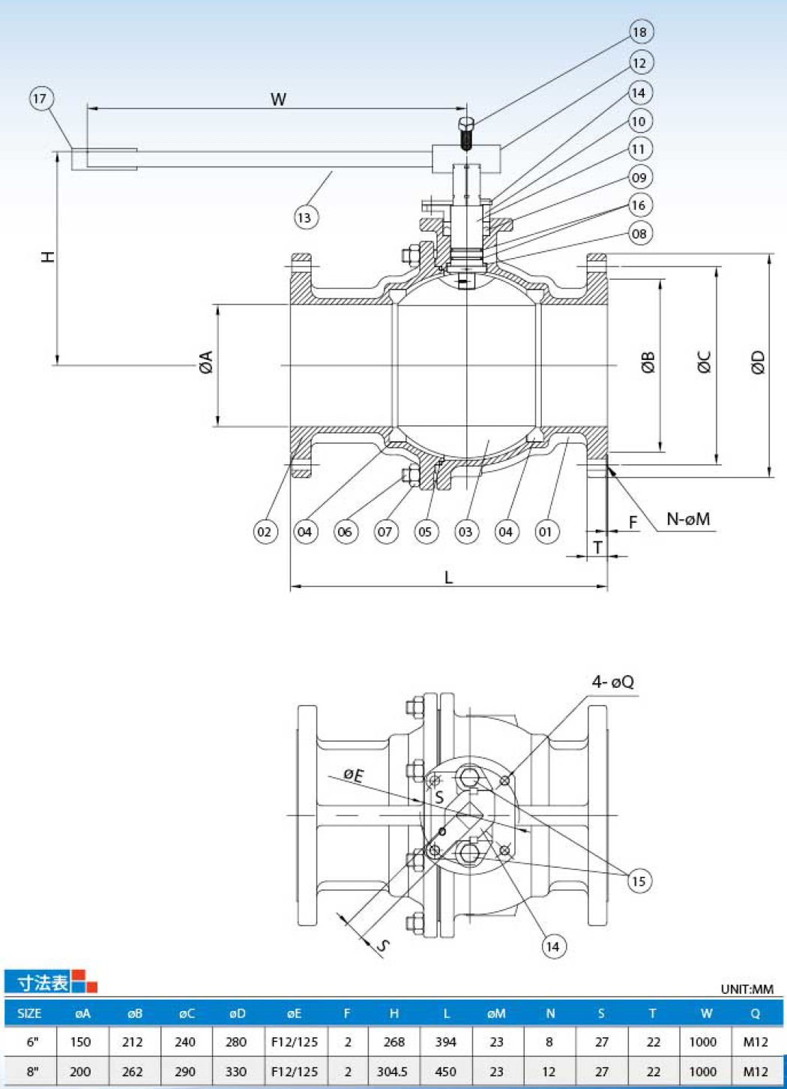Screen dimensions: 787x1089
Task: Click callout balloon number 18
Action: [x=642, y=32]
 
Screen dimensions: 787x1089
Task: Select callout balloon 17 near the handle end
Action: [x=40, y=99]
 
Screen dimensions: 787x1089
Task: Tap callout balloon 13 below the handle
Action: [x=306, y=217]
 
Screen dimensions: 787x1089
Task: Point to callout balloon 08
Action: [x=640, y=234]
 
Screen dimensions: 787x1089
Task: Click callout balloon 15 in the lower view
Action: [x=639, y=880]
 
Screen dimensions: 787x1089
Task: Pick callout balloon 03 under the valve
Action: [x=466, y=531]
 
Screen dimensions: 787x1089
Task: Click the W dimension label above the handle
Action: [x=278, y=99]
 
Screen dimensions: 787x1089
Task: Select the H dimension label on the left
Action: [x=48, y=256]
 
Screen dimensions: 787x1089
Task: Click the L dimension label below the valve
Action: [x=448, y=577]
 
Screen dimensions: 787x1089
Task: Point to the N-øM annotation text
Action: [x=688, y=519]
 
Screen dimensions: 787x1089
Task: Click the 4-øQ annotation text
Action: [x=613, y=682]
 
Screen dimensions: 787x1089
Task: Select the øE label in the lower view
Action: [x=354, y=775]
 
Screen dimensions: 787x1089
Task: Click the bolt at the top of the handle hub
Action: [x=466, y=133]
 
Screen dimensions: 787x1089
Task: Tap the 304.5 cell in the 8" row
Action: [x=392, y=1072]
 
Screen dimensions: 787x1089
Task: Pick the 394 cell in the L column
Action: [x=445, y=1042]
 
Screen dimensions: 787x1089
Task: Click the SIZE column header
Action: [x=29, y=1014]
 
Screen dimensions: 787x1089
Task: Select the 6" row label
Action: [x=32, y=1042]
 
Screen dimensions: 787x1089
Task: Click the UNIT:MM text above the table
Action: [x=747, y=989]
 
